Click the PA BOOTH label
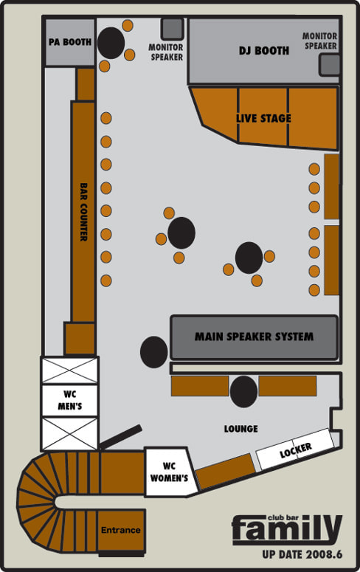(70, 42)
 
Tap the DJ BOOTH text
(264, 50)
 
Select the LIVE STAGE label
(263, 118)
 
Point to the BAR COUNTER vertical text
(83, 212)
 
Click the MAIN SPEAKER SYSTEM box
(254, 337)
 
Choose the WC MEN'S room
(69, 400)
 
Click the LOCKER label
(296, 450)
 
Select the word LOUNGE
(240, 429)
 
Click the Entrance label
(121, 530)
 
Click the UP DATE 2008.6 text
(302, 554)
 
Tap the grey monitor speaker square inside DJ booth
(330, 65)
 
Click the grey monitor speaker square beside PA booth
(172, 29)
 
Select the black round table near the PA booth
(111, 43)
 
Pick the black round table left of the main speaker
(154, 352)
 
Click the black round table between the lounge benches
(243, 392)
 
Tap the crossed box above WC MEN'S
(69, 370)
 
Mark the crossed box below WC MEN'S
(69, 434)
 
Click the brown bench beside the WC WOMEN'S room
(226, 471)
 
